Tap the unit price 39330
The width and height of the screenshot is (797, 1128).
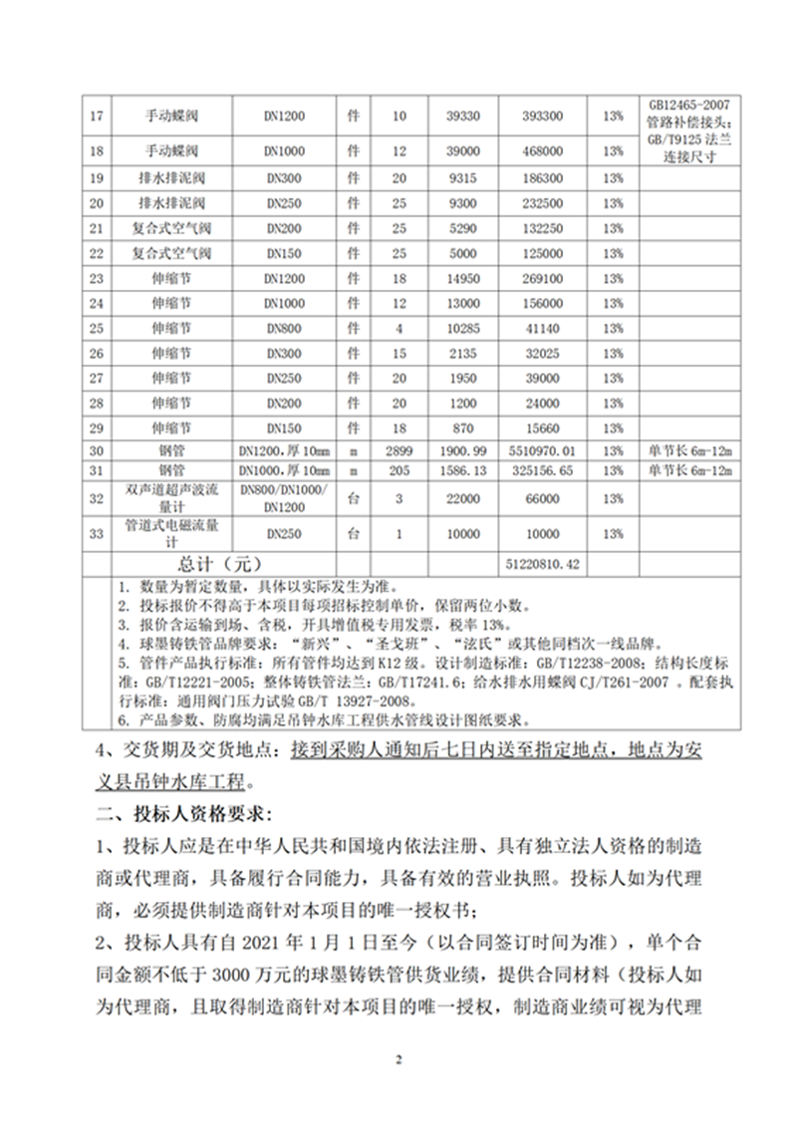pyautogui.click(x=463, y=117)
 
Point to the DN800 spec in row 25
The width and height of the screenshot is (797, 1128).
pyautogui.click(x=284, y=327)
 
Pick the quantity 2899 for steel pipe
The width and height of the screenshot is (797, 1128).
pyautogui.click(x=399, y=451)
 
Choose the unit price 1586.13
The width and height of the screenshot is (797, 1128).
pyautogui.click(x=463, y=470)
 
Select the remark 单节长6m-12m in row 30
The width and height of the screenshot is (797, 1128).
pyautogui.click(x=689, y=451)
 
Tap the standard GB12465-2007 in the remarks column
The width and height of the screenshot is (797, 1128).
pyautogui.click(x=689, y=104)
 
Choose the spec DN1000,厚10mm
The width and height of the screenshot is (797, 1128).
pyautogui.click(x=284, y=470)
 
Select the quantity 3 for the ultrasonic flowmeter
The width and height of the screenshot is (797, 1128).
pyautogui.click(x=399, y=497)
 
